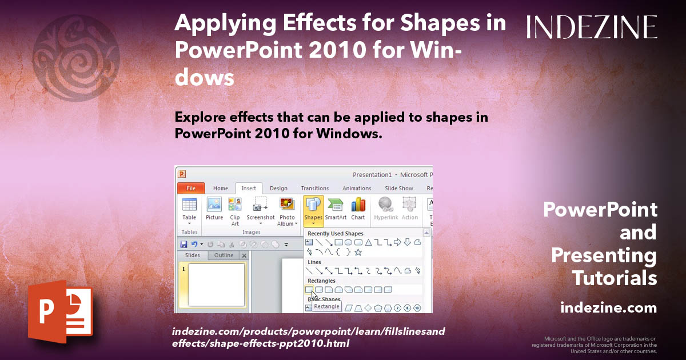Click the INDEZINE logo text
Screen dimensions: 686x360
(x=592, y=27)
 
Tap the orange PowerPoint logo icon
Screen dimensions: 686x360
(x=61, y=311)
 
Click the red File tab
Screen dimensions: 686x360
(x=191, y=188)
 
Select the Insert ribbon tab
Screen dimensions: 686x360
(x=248, y=188)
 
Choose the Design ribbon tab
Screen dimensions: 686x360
(x=278, y=188)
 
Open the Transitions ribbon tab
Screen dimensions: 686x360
(x=315, y=188)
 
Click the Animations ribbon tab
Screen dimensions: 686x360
(x=357, y=188)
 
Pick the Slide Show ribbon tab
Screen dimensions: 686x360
(x=399, y=188)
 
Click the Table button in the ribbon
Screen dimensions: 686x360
(x=189, y=210)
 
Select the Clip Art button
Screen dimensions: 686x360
(x=235, y=211)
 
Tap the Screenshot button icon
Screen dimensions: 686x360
(x=260, y=204)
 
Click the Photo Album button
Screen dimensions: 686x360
(x=287, y=211)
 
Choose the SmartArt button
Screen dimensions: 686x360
(x=336, y=209)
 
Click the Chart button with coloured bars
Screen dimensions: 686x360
(x=358, y=209)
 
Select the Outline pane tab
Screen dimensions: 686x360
(x=224, y=255)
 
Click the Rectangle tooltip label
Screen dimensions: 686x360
(x=326, y=306)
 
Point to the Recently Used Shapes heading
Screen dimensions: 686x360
(x=336, y=234)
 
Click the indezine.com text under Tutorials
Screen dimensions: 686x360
(x=608, y=307)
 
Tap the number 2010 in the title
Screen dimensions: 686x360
(x=337, y=50)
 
